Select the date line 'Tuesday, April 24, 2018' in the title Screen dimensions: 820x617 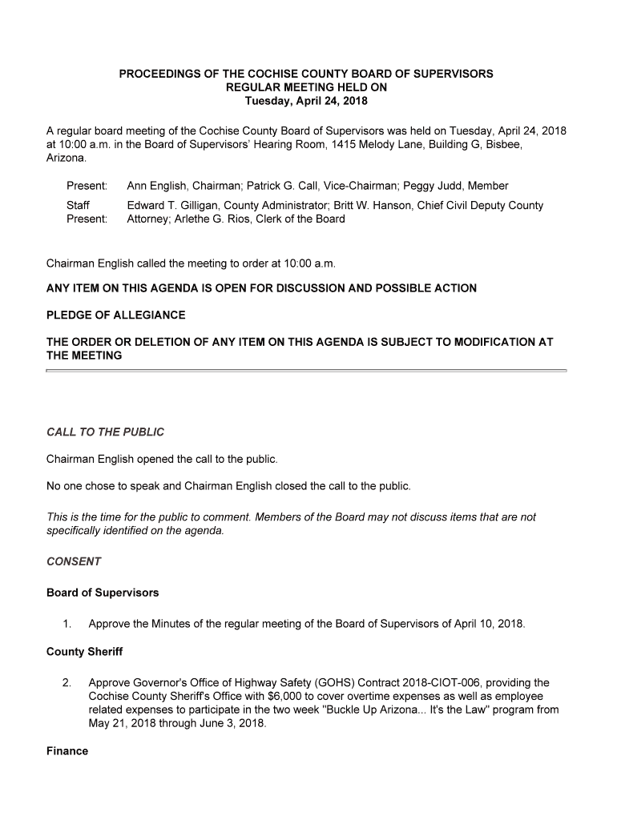(x=306, y=102)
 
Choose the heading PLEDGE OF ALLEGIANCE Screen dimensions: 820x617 (x=116, y=315)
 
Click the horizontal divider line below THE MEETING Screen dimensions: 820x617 (x=306, y=371)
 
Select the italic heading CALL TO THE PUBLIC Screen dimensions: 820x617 (x=105, y=432)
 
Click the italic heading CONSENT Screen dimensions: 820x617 (x=74, y=561)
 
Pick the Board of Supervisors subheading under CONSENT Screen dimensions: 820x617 (x=103, y=593)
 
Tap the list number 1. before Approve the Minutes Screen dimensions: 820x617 (x=67, y=623)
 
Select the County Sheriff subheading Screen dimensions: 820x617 (x=84, y=652)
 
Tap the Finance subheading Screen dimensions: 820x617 (x=67, y=751)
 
